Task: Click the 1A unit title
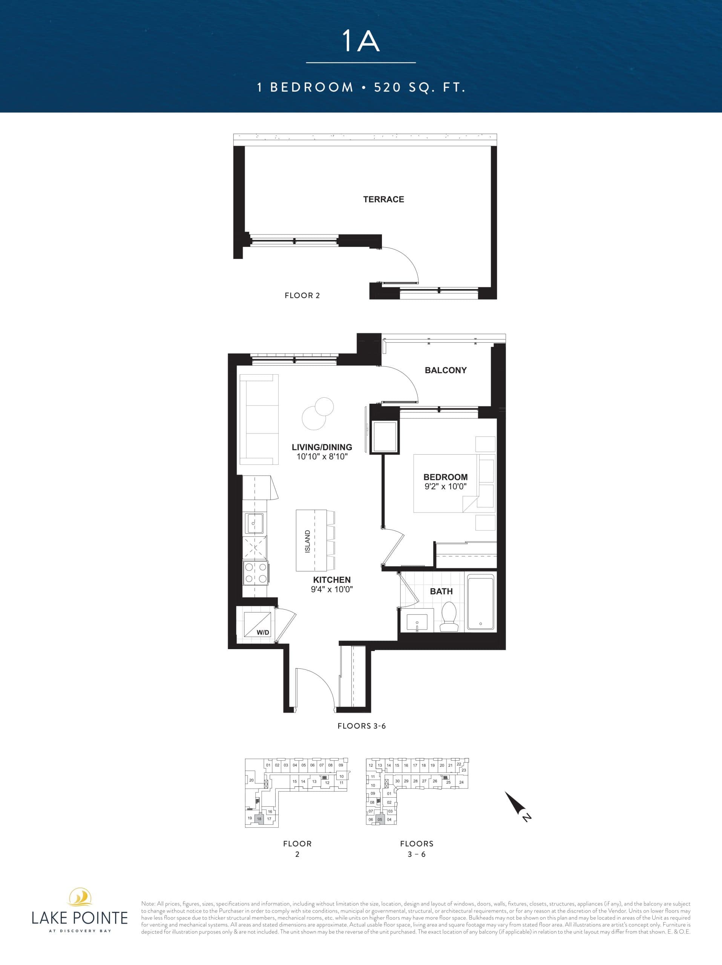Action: click(x=361, y=42)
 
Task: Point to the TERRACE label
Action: click(x=383, y=199)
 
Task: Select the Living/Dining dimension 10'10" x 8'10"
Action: click(x=322, y=457)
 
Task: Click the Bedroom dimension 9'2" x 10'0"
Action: click(x=445, y=486)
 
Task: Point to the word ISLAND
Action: click(x=308, y=541)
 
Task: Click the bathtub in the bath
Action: click(x=480, y=602)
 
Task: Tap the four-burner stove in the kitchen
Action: click(x=256, y=573)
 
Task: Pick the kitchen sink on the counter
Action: click(x=255, y=523)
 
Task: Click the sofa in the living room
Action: click(x=259, y=420)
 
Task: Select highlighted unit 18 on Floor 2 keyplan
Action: click(x=259, y=819)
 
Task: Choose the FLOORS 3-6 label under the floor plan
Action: click(x=362, y=726)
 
